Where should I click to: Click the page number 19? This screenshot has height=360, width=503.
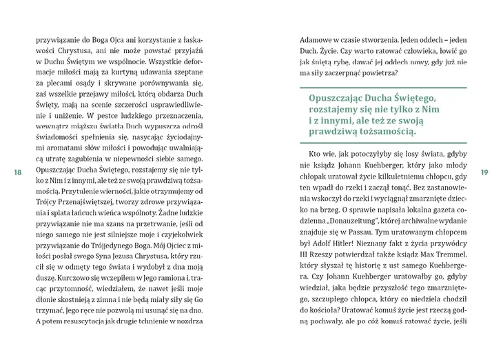coord(484,172)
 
